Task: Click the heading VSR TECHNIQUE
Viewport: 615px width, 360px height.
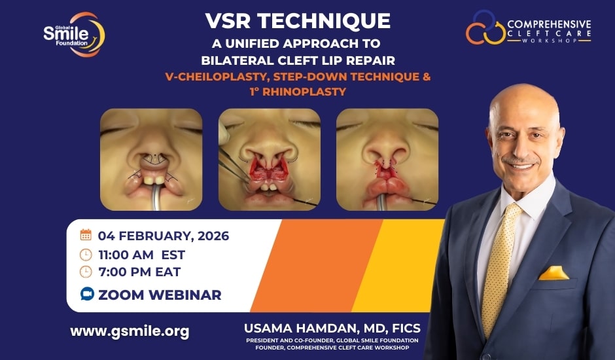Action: [x=297, y=20]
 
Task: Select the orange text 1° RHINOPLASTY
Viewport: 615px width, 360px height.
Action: [x=297, y=92]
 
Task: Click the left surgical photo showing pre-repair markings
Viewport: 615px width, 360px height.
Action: [x=151, y=159]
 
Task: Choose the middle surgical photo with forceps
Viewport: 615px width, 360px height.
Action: [x=270, y=159]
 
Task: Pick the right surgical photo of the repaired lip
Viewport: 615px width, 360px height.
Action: [x=387, y=159]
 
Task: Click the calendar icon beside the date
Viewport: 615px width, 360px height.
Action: [x=86, y=235]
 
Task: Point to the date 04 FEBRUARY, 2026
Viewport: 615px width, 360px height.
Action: [x=164, y=236]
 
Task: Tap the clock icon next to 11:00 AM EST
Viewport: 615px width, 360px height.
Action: [x=86, y=255]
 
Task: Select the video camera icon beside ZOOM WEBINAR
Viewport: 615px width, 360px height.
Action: [x=87, y=295]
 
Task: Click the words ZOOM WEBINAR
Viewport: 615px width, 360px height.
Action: [x=160, y=295]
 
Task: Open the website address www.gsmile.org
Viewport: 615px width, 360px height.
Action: [x=130, y=331]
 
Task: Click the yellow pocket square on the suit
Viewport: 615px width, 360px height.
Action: [x=553, y=273]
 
